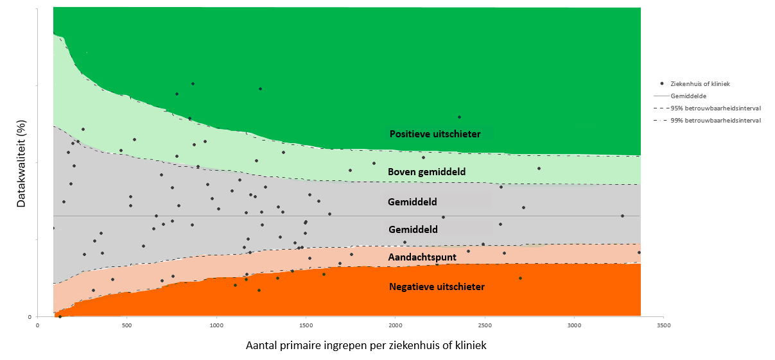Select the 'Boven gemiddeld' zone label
point(426,172)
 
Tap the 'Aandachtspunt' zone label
point(422,257)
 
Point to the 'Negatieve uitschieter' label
point(437,287)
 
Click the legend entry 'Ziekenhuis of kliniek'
point(700,83)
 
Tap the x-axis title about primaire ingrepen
point(366,345)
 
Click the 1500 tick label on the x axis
point(306,325)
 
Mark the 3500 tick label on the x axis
point(663,325)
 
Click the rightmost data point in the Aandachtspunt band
point(639,252)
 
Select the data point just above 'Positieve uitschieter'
point(459,117)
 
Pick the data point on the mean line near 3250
point(622,216)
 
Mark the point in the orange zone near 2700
point(520,278)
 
